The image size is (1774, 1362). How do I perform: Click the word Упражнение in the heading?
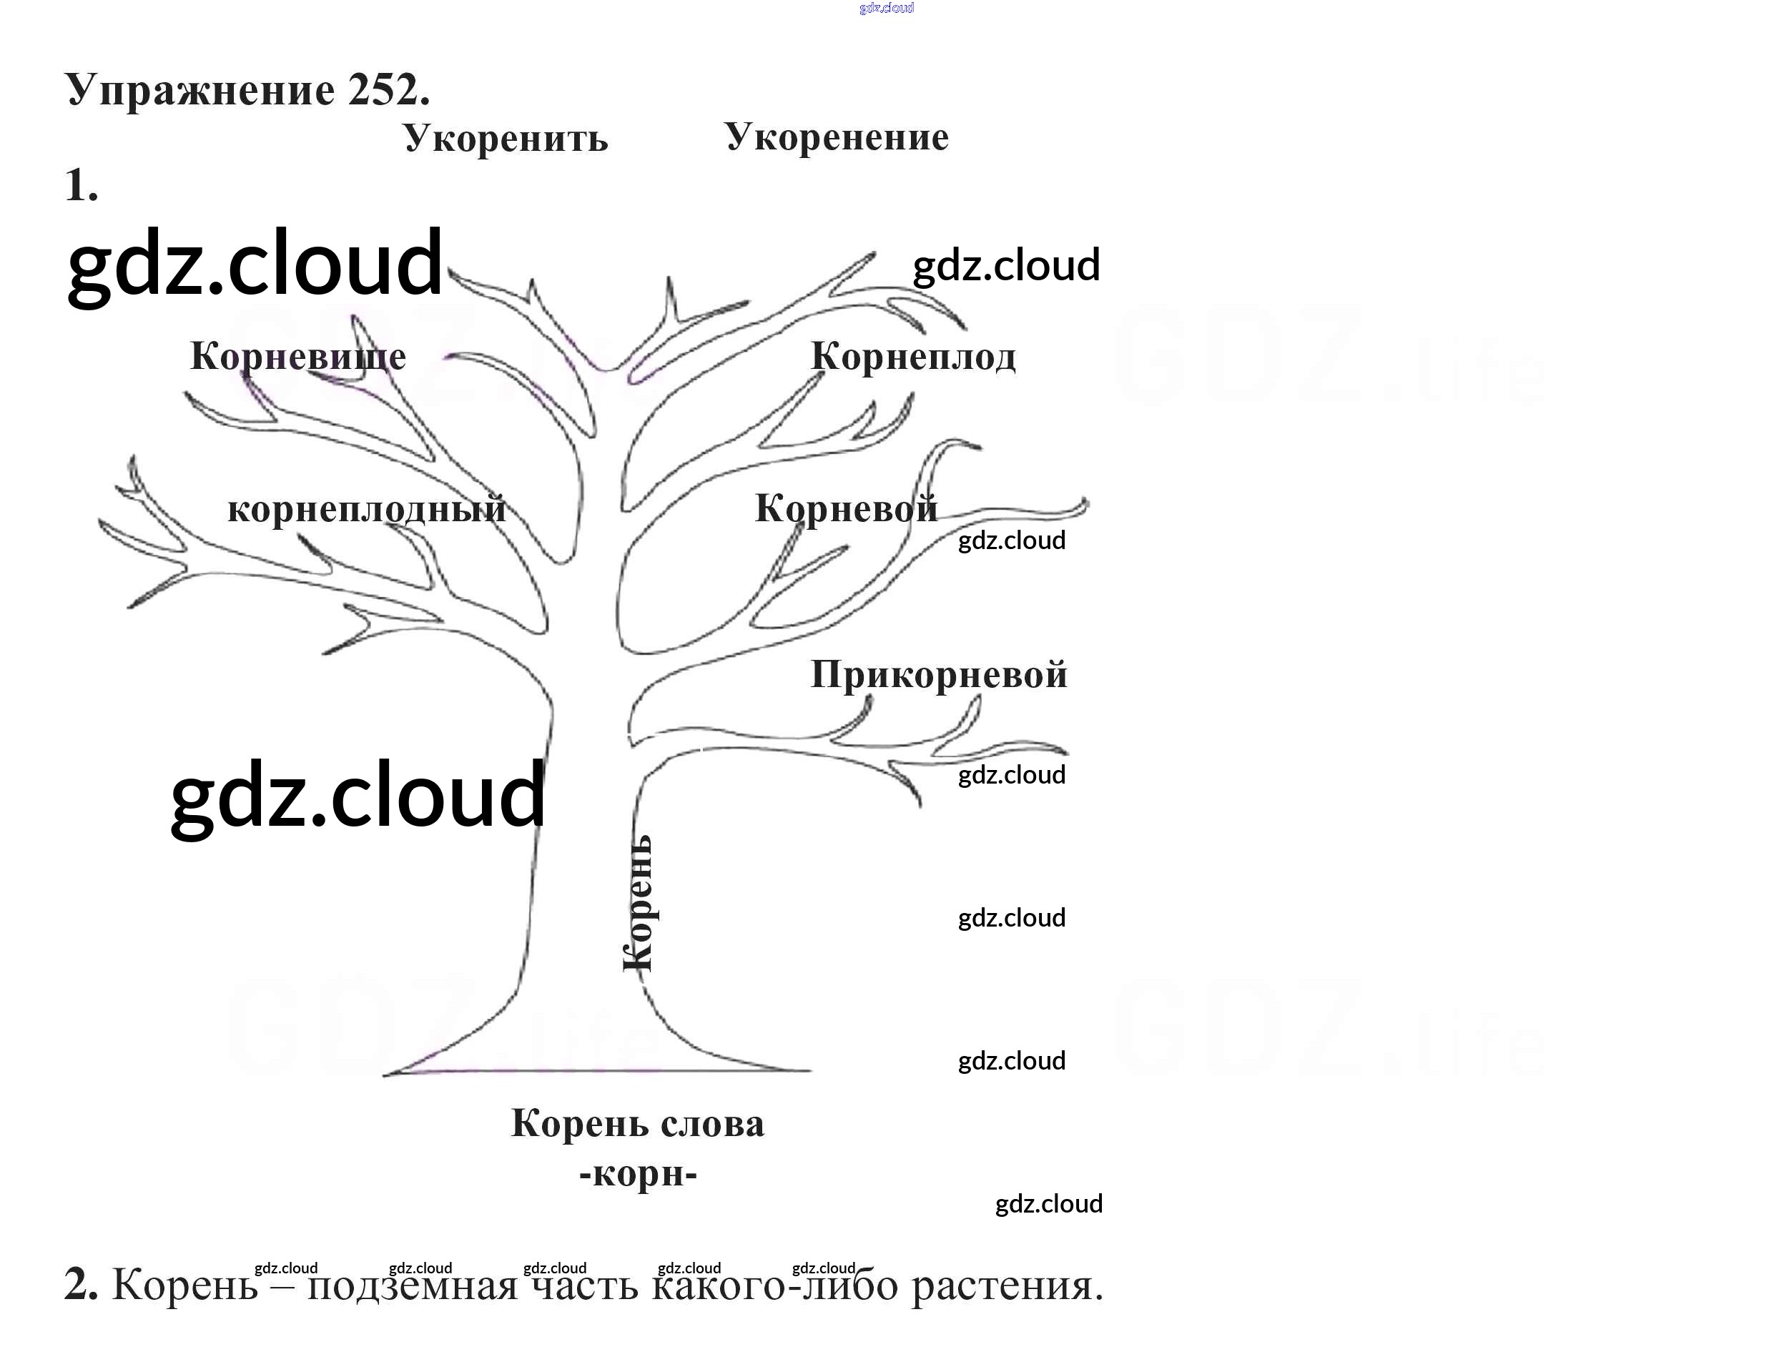point(199,90)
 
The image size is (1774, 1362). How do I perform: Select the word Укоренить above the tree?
point(505,139)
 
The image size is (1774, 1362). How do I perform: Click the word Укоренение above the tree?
point(836,137)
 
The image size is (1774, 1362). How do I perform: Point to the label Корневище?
point(297,356)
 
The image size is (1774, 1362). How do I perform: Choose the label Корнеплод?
point(913,357)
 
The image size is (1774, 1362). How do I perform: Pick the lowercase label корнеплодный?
point(367,509)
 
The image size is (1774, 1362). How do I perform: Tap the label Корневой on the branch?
point(846,509)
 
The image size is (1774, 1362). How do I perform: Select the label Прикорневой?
point(939,674)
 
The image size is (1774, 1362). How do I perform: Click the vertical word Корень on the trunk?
point(638,903)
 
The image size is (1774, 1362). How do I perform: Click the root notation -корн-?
point(638,1173)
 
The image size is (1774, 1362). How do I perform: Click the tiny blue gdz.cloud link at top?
point(886,8)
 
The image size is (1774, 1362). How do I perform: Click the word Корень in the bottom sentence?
point(185,1285)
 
